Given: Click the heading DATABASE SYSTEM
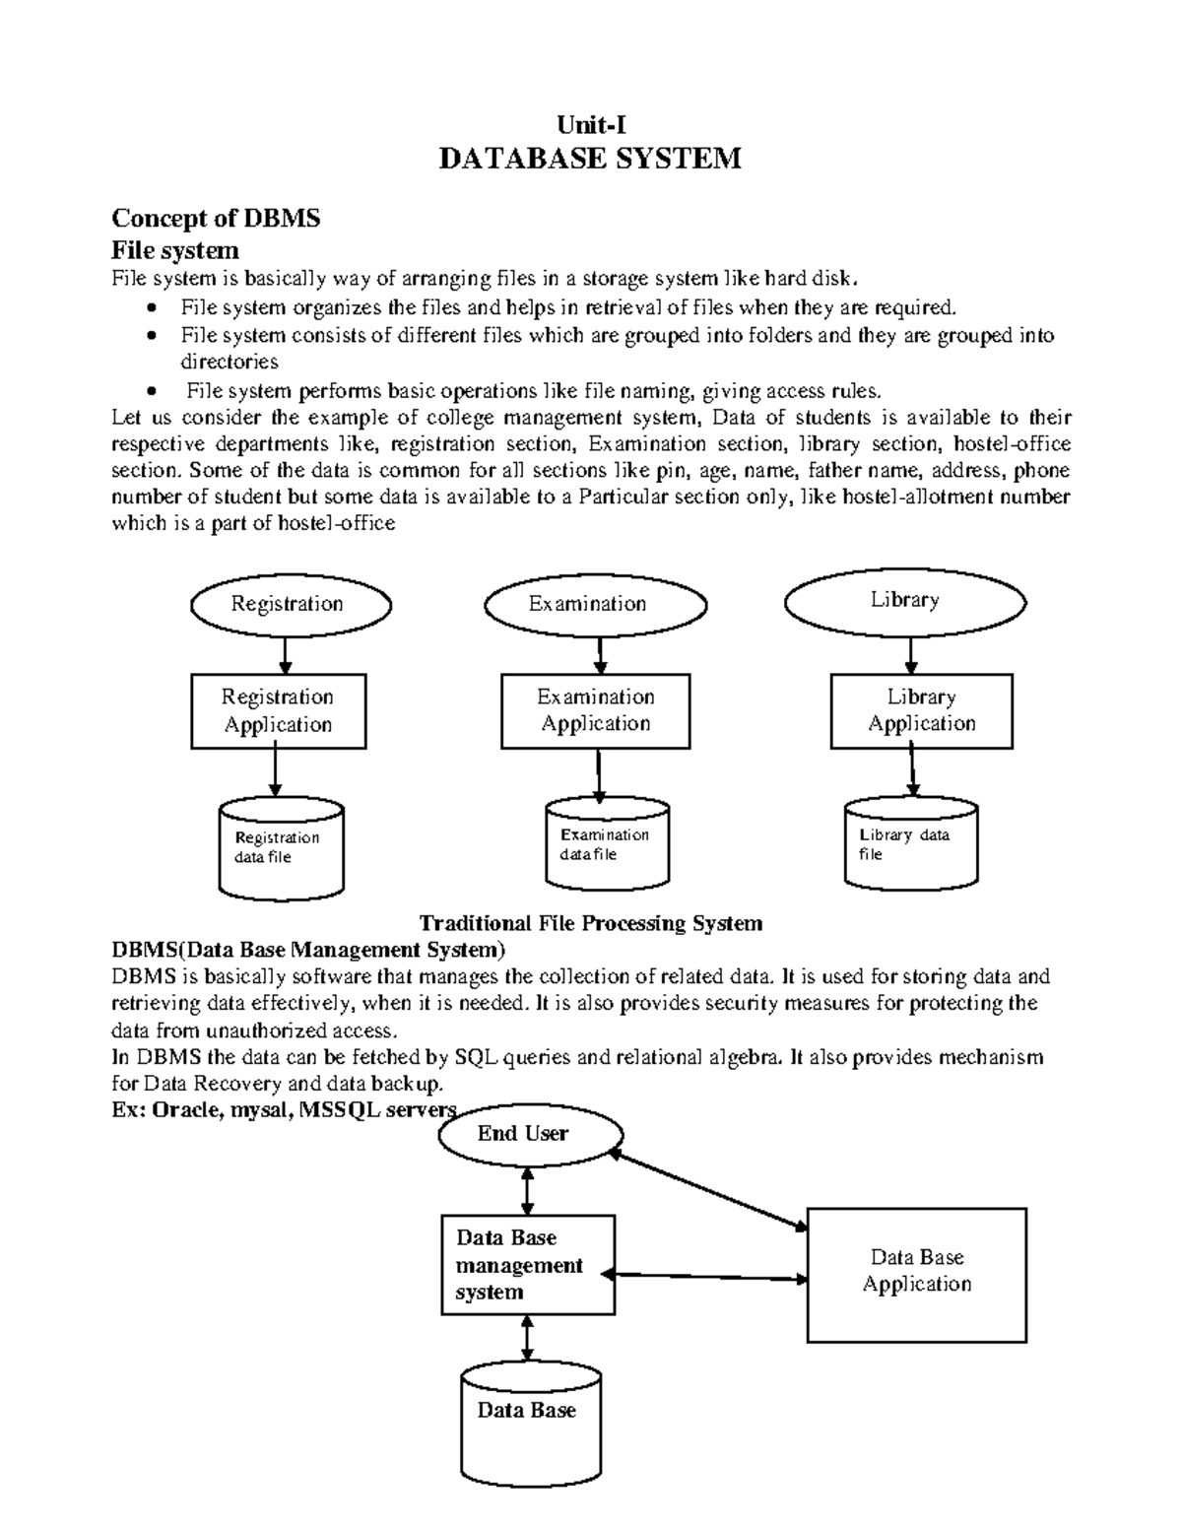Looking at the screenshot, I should (589, 159).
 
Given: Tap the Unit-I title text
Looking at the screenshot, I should (590, 124).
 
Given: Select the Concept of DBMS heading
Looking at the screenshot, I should (216, 218).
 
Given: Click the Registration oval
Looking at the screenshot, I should (288, 605).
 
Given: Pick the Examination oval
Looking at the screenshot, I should (594, 605).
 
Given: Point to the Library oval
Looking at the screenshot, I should (905, 601).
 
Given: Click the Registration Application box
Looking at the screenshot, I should (278, 711).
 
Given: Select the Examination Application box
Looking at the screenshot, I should (595, 710).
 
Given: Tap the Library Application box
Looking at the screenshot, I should (921, 710).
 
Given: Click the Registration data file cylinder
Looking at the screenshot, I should (281, 848).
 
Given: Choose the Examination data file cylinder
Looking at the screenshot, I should (607, 843).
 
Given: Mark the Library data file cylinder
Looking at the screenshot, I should (911, 844).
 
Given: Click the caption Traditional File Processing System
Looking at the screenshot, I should (591, 923).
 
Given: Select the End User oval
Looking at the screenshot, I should (523, 1135).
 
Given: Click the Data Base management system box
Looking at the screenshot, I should (527, 1265).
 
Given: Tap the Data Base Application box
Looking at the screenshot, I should (916, 1275).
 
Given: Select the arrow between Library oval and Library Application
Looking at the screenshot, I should (911, 654).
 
